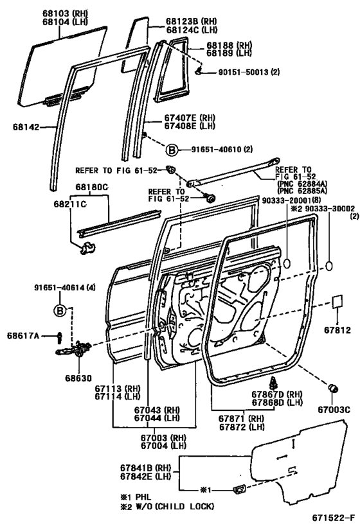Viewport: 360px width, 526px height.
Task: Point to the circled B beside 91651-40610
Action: tap(172, 150)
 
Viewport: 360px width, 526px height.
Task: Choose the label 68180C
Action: tap(89, 187)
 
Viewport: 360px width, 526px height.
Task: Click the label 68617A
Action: tap(24, 335)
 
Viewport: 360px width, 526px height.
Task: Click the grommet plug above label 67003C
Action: tap(334, 389)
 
